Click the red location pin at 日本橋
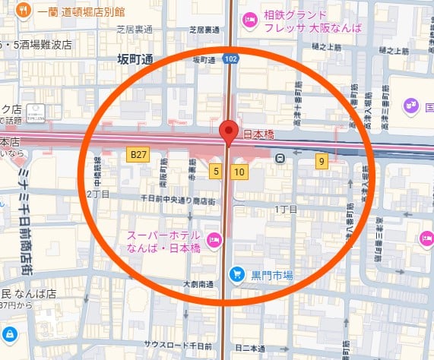click(227, 132)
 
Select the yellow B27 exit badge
click(138, 155)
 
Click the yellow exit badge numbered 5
click(217, 172)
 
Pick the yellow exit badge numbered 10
click(239, 172)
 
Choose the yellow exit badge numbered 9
click(322, 160)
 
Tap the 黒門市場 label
click(273, 274)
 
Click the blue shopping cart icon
click(238, 273)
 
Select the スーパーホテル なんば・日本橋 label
click(163, 242)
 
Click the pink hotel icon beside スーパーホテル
click(214, 241)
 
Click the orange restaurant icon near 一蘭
click(24, 11)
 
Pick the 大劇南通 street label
click(200, 285)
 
